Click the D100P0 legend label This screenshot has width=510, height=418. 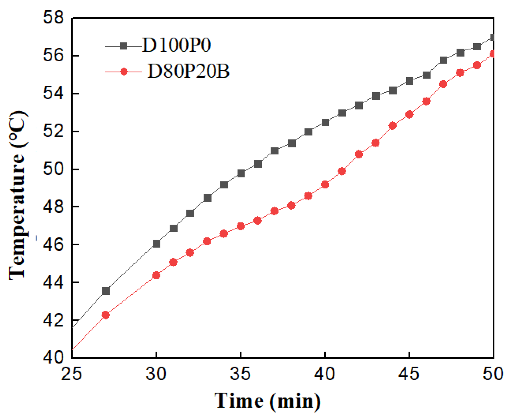tap(177, 45)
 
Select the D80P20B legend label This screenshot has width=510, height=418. tap(188, 71)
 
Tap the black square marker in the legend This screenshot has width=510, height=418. tap(124, 46)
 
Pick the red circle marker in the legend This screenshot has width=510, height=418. tap(124, 72)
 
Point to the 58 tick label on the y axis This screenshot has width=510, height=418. tap(53, 17)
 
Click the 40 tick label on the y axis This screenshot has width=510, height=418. tap(53, 357)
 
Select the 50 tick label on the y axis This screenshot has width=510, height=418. tap(53, 169)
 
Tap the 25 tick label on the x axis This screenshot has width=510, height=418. tap(72, 374)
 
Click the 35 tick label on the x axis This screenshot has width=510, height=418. tap(241, 374)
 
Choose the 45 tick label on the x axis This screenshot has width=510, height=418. tap(409, 374)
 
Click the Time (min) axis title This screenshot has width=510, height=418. tap(268, 401)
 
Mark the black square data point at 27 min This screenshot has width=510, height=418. tap(106, 291)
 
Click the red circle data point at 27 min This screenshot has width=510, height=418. tap(106, 315)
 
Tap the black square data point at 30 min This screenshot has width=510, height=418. tap(156, 244)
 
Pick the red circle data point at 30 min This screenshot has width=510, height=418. tap(156, 275)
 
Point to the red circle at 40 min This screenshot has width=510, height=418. tap(325, 185)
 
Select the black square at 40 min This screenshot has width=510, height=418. tap(325, 123)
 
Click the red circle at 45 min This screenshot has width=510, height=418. tap(409, 115)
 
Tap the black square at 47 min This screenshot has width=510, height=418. tap(443, 60)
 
